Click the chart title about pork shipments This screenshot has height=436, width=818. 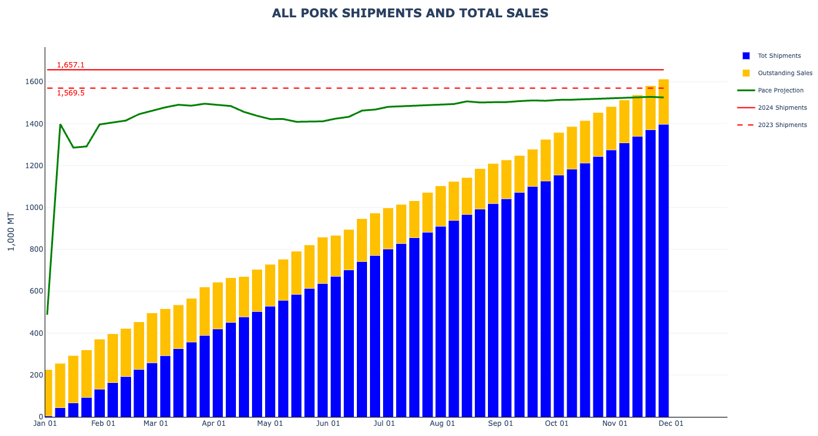coord(410,13)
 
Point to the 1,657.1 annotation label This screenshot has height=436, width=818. coord(71,65)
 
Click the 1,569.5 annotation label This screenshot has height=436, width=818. coord(71,93)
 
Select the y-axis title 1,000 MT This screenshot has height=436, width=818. coord(11,231)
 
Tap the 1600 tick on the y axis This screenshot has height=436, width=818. coord(34,82)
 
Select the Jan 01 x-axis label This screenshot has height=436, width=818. coord(45,423)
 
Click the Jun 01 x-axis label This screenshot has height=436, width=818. coord(328,423)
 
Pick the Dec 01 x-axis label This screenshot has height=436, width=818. coord(671,423)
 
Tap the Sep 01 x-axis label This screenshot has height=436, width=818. coord(500,423)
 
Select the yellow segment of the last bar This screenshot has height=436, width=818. coord(663,101)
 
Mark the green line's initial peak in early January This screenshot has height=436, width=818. coord(60,124)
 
